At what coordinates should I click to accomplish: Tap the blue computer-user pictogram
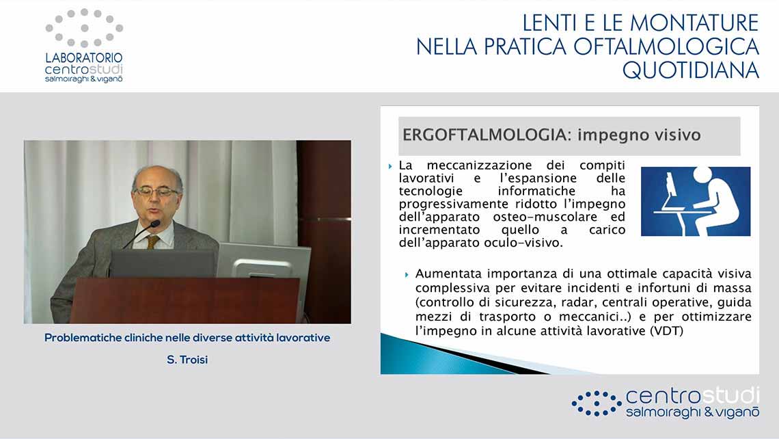[696, 201]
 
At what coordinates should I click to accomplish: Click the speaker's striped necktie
[152, 242]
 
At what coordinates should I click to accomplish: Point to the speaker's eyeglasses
[156, 191]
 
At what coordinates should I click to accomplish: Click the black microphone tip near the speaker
[155, 224]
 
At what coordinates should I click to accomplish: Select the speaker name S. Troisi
[187, 360]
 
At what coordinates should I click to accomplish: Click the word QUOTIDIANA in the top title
[691, 70]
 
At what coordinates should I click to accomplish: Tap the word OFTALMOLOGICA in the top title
[666, 46]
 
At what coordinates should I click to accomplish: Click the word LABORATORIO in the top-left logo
[84, 57]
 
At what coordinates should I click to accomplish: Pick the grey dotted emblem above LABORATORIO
[85, 28]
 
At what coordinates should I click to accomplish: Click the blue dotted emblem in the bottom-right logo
[596, 403]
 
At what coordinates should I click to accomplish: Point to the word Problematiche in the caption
[78, 338]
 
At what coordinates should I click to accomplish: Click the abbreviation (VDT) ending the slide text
[667, 331]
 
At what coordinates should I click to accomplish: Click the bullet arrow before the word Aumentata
[407, 274]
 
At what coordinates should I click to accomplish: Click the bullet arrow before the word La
[390, 166]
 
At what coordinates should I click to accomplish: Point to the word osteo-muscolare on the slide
[545, 217]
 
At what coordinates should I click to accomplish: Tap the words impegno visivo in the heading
[640, 135]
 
